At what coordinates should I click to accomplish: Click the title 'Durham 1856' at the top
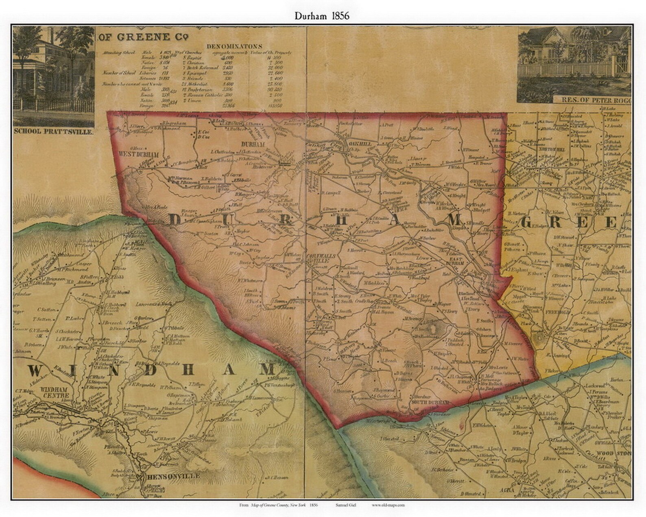pos(322,16)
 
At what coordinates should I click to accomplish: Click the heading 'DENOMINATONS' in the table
pos(234,46)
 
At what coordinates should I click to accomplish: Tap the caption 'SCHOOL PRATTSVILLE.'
pos(54,132)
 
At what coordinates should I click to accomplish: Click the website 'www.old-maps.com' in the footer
pos(388,505)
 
